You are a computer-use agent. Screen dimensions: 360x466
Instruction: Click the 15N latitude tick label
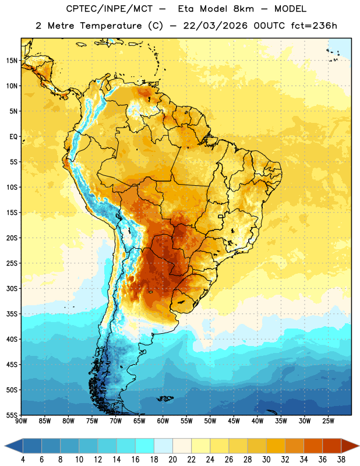(12, 61)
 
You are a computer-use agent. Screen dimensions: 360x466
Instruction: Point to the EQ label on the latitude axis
(13, 137)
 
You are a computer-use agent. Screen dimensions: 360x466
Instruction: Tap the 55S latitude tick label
(12, 415)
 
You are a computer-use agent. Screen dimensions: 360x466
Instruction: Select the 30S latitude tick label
(12, 288)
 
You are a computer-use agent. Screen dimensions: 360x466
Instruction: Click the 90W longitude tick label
(21, 421)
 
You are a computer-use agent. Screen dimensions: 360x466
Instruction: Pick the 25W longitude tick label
(328, 421)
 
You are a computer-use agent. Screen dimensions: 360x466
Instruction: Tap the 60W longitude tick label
(163, 421)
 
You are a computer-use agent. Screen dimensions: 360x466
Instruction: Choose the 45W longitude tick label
(234, 421)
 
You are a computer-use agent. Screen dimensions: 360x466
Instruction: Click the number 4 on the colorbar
(23, 460)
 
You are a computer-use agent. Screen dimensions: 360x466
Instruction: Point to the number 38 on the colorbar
(341, 460)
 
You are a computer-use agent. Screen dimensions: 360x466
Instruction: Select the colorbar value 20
(172, 460)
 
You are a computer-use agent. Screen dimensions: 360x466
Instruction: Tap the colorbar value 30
(266, 460)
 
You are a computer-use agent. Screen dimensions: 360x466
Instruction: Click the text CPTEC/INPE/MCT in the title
(109, 9)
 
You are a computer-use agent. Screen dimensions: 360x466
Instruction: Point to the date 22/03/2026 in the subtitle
(215, 26)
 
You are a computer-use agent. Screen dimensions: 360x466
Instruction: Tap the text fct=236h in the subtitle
(314, 26)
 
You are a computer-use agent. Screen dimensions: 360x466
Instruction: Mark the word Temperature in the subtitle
(111, 26)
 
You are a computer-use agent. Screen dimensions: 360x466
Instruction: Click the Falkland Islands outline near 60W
(165, 398)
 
